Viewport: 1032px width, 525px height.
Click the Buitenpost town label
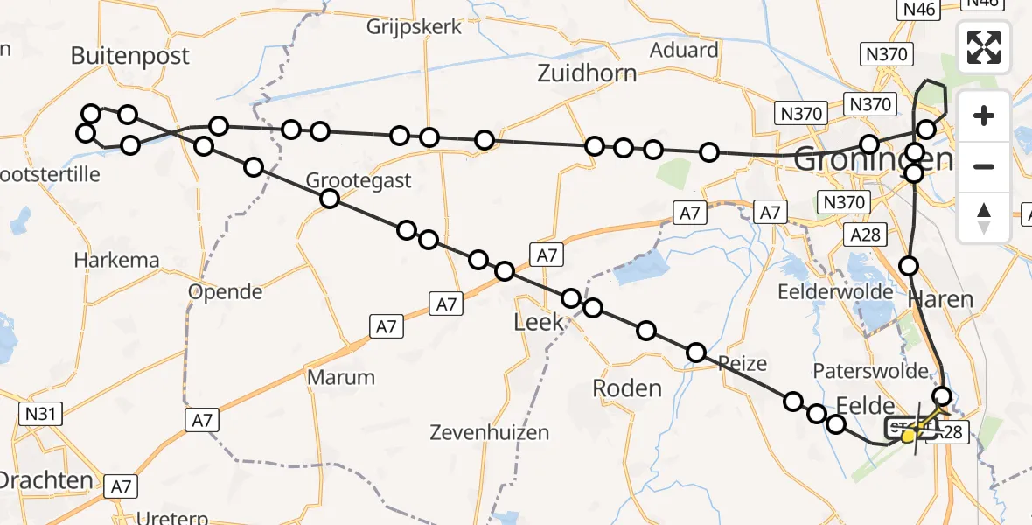[129, 57]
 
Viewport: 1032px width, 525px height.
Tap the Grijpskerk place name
[414, 26]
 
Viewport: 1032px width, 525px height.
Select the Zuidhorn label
[587, 72]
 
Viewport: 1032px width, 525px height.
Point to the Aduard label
[684, 50]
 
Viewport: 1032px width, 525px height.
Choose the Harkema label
[116, 260]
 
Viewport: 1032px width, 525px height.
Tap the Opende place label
[226, 291]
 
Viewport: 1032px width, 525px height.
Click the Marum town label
[341, 378]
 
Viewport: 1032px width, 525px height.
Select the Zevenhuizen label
[490, 432]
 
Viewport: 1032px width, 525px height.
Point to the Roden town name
[627, 387]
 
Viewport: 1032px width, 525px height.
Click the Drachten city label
[45, 480]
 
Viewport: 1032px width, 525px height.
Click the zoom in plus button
[984, 115]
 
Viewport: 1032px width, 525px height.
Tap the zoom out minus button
[984, 166]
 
